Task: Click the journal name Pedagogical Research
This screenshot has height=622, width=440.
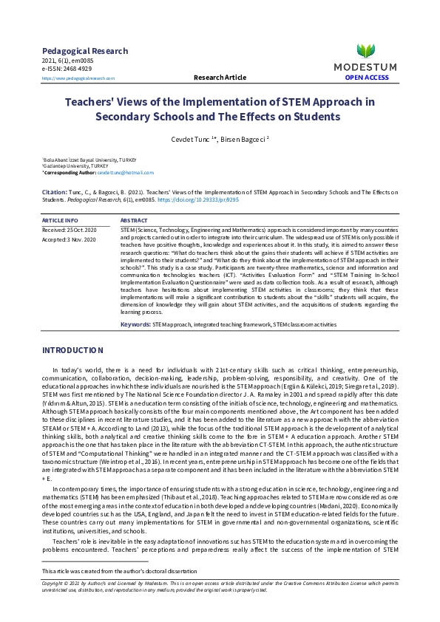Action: (x=85, y=51)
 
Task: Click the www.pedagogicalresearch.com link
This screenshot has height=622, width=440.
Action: (x=78, y=78)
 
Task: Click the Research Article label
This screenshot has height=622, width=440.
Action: (x=220, y=77)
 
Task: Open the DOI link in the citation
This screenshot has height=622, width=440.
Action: (x=229, y=199)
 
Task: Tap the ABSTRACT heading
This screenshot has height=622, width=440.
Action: (x=134, y=220)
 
